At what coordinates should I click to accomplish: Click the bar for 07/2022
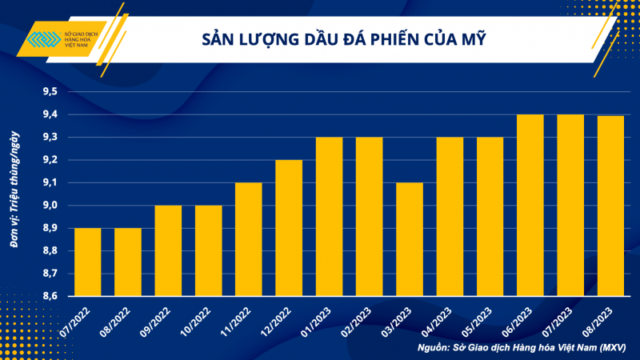point(88,262)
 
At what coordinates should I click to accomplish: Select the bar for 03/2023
point(410,239)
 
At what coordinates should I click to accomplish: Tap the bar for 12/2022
point(290,228)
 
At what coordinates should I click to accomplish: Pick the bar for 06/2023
point(530,206)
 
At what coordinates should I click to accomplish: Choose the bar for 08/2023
point(610,206)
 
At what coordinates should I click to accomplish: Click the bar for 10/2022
point(209,250)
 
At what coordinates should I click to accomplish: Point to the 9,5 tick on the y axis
point(50,92)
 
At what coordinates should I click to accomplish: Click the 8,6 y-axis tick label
point(50,296)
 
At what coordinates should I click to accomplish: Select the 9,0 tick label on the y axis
point(50,206)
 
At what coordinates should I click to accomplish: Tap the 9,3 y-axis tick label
point(50,138)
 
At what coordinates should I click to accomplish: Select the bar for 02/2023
point(370,217)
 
